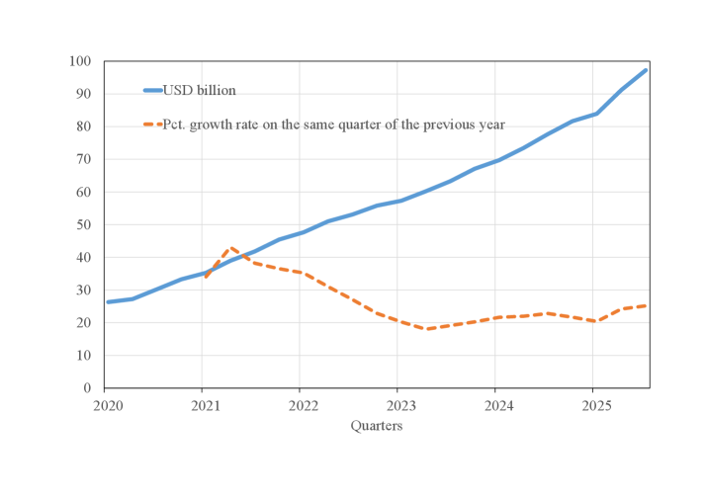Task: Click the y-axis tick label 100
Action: pyautogui.click(x=80, y=61)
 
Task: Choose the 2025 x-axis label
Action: pyautogui.click(x=593, y=405)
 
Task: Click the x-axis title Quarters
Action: pyautogui.click(x=376, y=426)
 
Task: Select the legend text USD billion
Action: pyautogui.click(x=200, y=91)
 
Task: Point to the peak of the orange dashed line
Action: pyautogui.click(x=230, y=248)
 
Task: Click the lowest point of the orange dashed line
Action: pyautogui.click(x=427, y=329)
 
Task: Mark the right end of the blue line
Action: pyautogui.click(x=646, y=70)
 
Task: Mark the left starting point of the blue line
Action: pyautogui.click(x=107, y=302)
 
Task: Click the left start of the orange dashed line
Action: pyautogui.click(x=205, y=278)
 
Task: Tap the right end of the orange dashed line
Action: pyautogui.click(x=646, y=305)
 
